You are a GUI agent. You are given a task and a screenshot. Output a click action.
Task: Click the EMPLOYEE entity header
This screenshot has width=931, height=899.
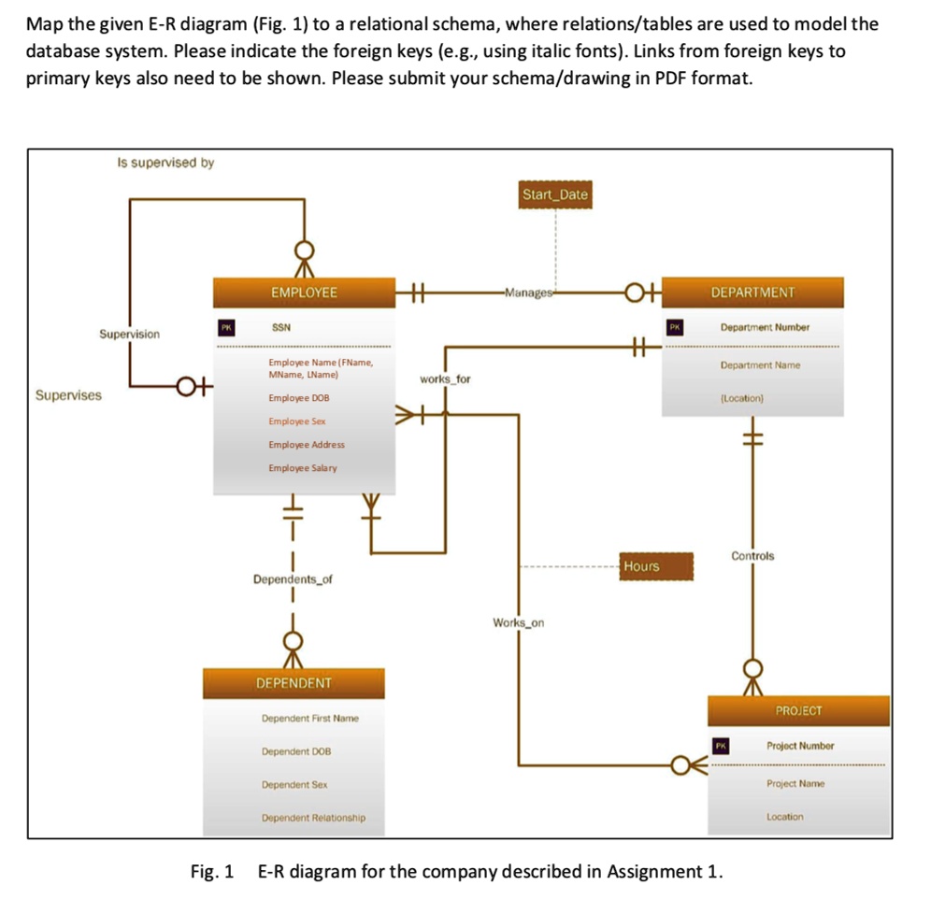coord(304,293)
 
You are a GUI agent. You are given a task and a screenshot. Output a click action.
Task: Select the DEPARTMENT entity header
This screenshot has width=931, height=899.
coord(752,293)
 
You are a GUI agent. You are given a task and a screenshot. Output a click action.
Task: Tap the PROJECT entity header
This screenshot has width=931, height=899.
coord(799,711)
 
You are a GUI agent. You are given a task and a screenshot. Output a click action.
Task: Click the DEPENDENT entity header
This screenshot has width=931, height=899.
coord(294,683)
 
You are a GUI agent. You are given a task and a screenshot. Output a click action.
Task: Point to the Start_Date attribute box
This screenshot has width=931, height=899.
coord(555,194)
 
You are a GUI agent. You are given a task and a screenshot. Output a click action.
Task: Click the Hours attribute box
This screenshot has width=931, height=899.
coord(642,566)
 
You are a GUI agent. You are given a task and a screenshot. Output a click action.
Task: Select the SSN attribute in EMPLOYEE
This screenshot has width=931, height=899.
coord(281,328)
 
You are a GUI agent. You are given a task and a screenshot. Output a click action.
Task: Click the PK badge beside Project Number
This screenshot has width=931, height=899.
coord(720,746)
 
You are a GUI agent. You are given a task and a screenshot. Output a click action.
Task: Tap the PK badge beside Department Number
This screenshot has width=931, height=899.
coord(675,328)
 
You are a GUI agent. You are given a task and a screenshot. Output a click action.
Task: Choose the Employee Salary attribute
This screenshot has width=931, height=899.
coord(303,468)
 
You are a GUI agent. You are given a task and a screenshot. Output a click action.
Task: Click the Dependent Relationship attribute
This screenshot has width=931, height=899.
coord(313,818)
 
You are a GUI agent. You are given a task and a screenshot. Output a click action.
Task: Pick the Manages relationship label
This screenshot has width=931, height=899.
coord(529,293)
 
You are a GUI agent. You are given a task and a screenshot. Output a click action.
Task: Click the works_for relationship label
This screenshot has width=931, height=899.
coord(446,379)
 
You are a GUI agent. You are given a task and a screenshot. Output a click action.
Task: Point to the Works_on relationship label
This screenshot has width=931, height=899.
coord(519,622)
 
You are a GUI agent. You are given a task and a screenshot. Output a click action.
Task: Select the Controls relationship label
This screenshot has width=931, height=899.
coord(752,556)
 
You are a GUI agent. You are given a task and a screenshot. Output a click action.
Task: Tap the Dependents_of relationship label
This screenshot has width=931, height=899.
coord(293,579)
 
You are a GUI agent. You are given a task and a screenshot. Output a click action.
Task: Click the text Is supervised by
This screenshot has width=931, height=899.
coord(165,163)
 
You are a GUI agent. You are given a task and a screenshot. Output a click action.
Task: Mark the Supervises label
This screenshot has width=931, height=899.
coord(68,395)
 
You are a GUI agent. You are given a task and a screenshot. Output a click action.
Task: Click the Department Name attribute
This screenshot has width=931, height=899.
coord(760,365)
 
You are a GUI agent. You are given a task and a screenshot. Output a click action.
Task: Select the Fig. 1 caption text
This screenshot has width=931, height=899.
coord(456,872)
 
